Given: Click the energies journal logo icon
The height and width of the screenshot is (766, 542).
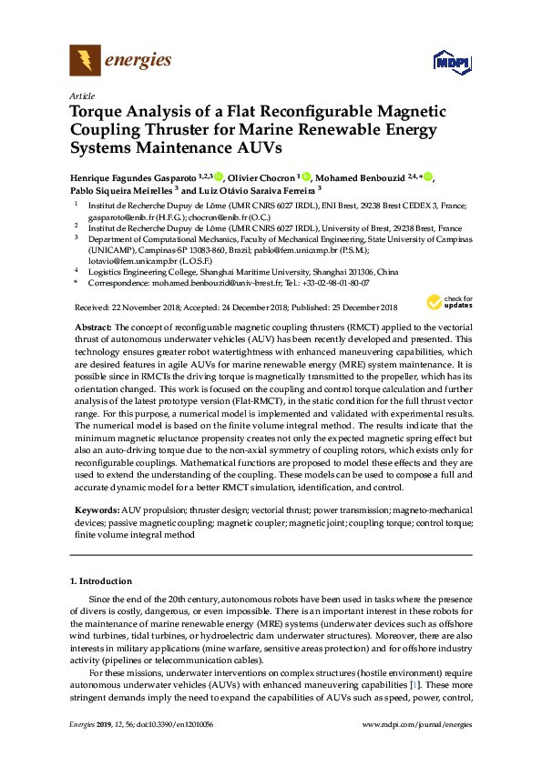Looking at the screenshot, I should click(x=85, y=61).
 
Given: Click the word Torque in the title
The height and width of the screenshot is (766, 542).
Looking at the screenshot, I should click(x=97, y=113).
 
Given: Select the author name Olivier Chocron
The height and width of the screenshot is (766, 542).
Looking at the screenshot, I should click(x=261, y=176).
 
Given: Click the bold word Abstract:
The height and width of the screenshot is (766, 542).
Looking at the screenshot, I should click(x=91, y=326).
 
